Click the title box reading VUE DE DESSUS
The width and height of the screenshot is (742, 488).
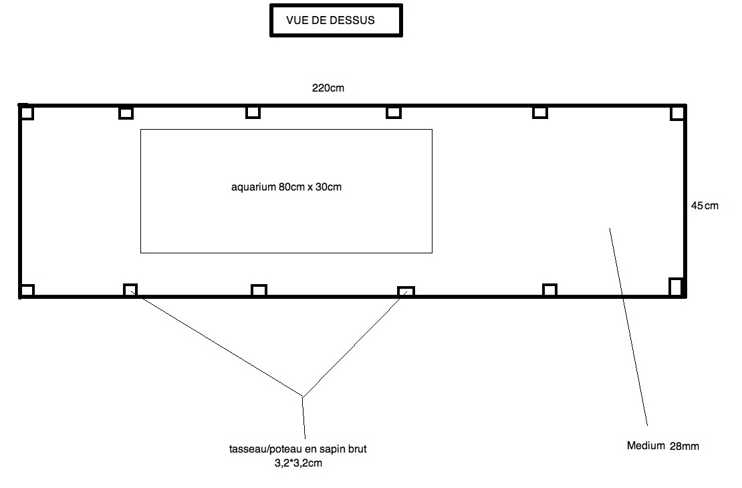(336, 20)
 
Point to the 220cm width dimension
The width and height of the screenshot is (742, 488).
(328, 88)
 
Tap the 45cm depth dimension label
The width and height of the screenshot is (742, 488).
(705, 206)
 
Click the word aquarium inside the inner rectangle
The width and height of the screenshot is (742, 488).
(253, 187)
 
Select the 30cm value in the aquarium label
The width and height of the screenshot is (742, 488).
(328, 187)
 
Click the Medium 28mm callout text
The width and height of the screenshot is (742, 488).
(662, 446)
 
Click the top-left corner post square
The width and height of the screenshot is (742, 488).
(26, 112)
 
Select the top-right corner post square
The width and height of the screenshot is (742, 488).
(678, 112)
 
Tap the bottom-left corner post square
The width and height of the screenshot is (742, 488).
(27, 290)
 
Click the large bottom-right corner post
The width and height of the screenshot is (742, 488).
(676, 286)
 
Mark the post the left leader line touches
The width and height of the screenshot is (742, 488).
(130, 289)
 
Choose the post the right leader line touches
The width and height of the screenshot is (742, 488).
(406, 291)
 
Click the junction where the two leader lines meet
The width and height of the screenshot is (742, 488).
(303, 397)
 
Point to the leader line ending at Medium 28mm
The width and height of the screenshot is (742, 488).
(628, 328)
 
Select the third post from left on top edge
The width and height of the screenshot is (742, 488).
(253, 112)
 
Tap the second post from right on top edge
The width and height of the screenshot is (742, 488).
(540, 112)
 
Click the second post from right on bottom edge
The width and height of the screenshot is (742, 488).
(549, 289)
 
